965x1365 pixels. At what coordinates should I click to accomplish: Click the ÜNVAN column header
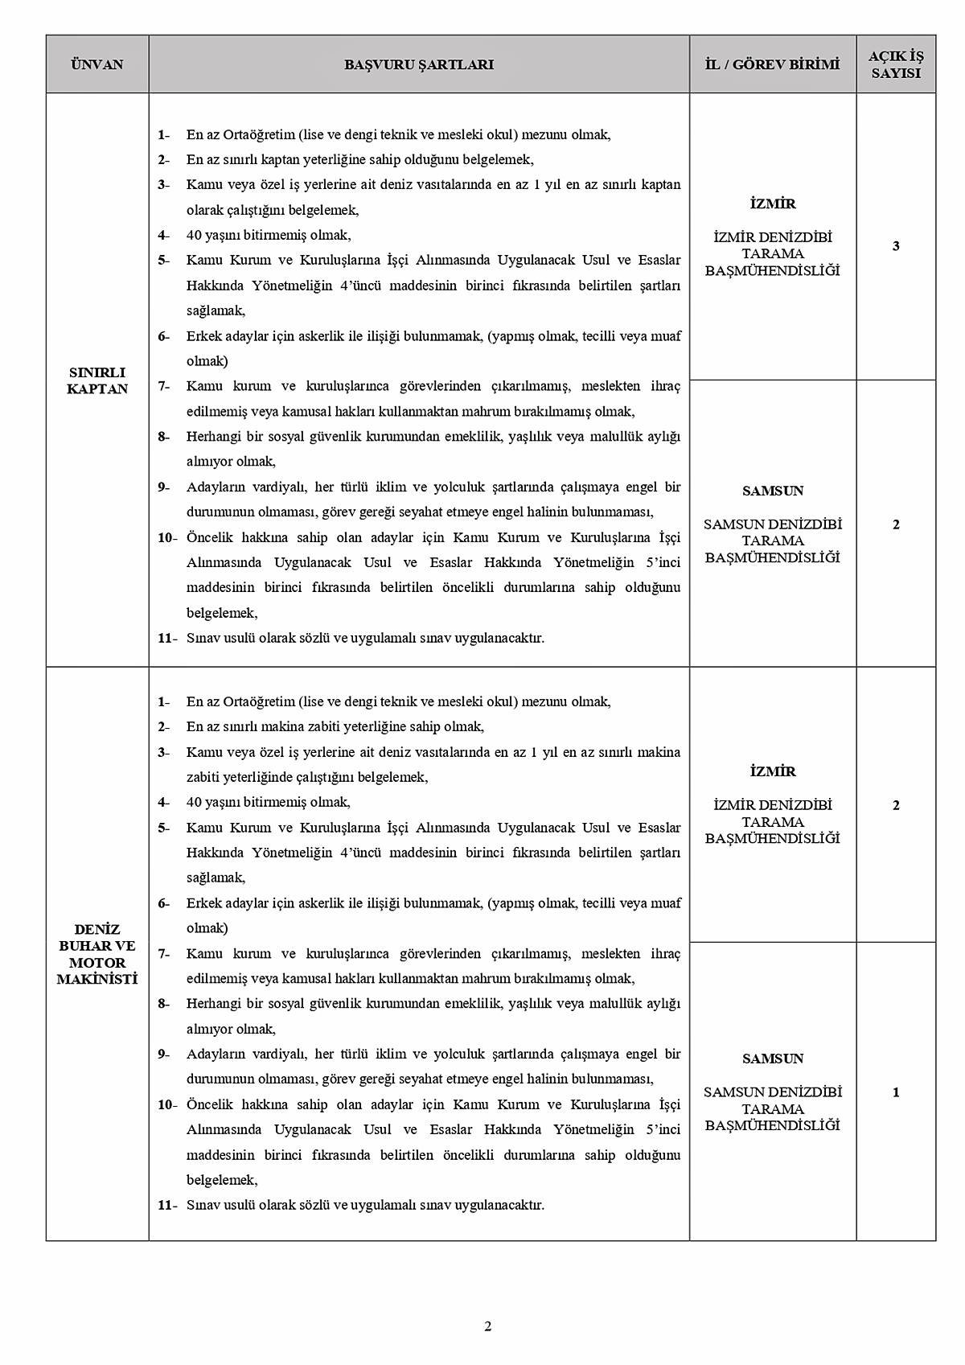[x=97, y=64]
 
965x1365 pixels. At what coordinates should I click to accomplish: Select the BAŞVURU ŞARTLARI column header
[x=419, y=64]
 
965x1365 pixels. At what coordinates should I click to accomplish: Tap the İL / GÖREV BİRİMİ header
[x=772, y=64]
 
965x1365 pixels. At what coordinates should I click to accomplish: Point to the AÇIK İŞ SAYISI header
[x=896, y=64]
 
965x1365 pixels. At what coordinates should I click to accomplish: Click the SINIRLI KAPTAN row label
[x=97, y=380]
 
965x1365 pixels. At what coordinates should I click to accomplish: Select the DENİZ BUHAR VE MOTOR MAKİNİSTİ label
[x=97, y=954]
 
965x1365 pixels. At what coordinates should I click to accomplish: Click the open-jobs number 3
[x=896, y=246]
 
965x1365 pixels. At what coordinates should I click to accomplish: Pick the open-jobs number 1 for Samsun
[x=896, y=1092]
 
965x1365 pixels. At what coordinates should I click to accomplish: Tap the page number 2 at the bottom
[x=487, y=1326]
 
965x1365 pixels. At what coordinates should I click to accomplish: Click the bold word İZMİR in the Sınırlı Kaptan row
[x=772, y=204]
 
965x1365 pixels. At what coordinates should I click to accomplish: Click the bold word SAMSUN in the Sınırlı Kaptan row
[x=773, y=491]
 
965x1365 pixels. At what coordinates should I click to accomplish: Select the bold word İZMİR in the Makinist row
[x=772, y=771]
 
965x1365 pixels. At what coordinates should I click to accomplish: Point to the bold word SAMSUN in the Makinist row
[x=773, y=1059]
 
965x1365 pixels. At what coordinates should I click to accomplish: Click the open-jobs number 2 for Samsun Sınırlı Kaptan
[x=896, y=524]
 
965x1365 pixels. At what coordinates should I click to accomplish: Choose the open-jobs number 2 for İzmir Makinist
[x=896, y=805]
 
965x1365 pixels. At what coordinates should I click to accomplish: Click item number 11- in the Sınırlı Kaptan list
[x=166, y=638]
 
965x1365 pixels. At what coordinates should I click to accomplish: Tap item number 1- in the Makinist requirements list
[x=164, y=701]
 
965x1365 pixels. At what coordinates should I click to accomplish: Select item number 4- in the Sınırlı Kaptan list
[x=164, y=235]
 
